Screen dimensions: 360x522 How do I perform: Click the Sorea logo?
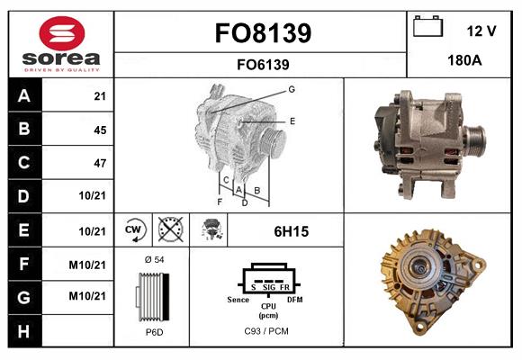(61, 44)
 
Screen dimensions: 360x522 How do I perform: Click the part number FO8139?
(263, 34)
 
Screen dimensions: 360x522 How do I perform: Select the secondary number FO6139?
(263, 64)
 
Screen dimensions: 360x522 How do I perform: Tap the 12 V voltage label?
(481, 31)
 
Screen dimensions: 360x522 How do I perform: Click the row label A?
(24, 95)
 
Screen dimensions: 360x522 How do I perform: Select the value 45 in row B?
(99, 130)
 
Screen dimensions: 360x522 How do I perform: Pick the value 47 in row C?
(99, 164)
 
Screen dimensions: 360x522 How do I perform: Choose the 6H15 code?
(291, 231)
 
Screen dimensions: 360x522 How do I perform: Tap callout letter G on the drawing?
(292, 89)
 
